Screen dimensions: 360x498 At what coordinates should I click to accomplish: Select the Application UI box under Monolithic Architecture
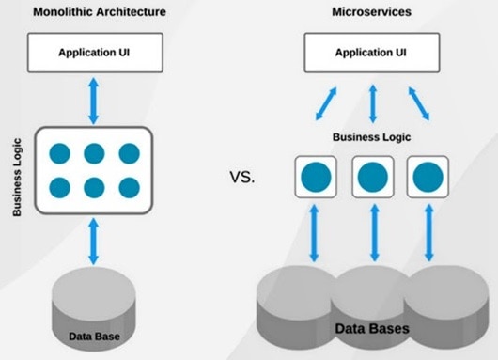[x=94, y=53]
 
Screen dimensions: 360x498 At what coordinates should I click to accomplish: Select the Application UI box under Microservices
[x=373, y=53]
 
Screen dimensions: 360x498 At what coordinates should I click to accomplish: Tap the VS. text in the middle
[x=241, y=176]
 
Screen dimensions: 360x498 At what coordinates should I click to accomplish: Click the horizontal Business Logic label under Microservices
[x=372, y=136]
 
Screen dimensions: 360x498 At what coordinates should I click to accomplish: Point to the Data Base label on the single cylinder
[x=93, y=335]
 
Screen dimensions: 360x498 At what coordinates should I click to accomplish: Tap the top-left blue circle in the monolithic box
[x=60, y=152]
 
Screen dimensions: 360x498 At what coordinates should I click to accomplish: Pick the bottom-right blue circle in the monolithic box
[x=128, y=186]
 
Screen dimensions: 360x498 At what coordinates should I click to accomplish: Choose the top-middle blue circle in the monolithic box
[x=94, y=152]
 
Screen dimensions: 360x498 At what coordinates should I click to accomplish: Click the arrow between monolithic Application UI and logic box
[x=93, y=99]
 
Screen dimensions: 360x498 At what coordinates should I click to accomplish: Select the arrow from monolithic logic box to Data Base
[x=93, y=240]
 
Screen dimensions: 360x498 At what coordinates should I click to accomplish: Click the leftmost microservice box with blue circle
[x=316, y=177]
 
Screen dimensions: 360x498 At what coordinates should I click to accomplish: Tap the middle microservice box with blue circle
[x=372, y=177]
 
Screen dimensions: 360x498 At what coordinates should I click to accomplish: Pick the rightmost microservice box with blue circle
[x=428, y=177]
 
